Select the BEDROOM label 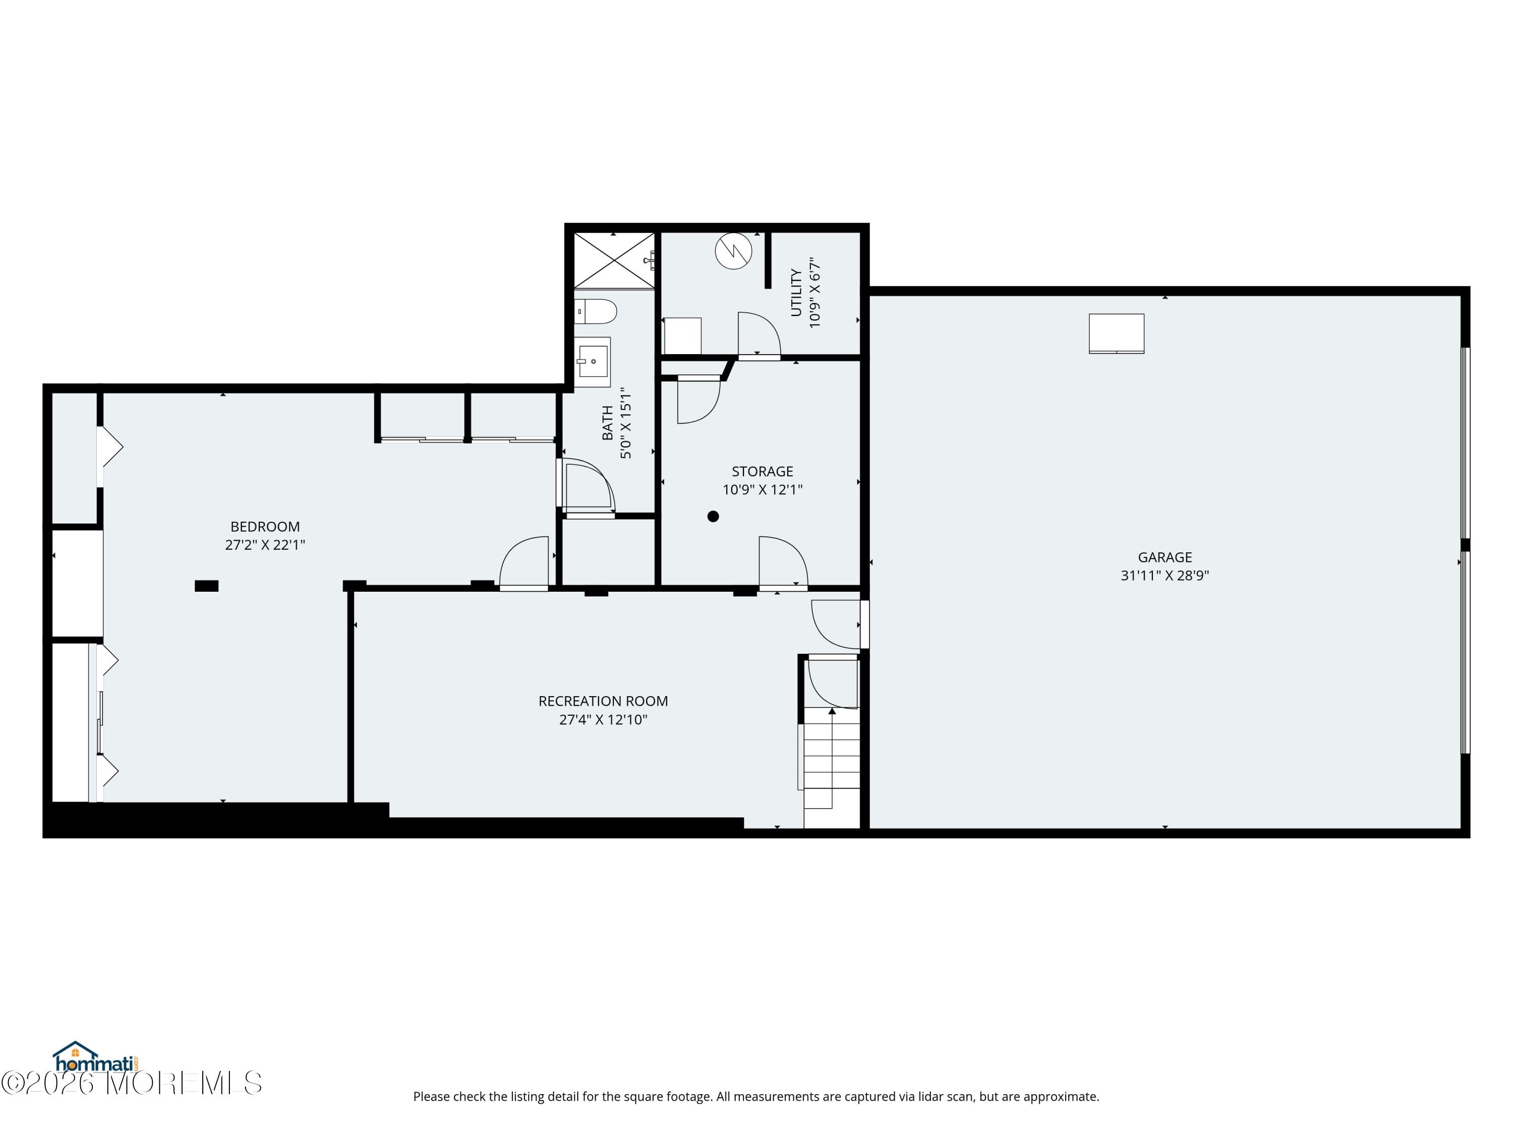[265, 527]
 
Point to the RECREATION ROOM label [603, 701]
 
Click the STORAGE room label [762, 471]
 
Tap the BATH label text [607, 423]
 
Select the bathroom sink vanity [592, 361]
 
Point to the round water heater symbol [733, 251]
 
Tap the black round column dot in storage [713, 517]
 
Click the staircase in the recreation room [831, 766]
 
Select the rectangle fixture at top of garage [1116, 333]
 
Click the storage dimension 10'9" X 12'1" [762, 490]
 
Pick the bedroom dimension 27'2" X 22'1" [265, 545]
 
